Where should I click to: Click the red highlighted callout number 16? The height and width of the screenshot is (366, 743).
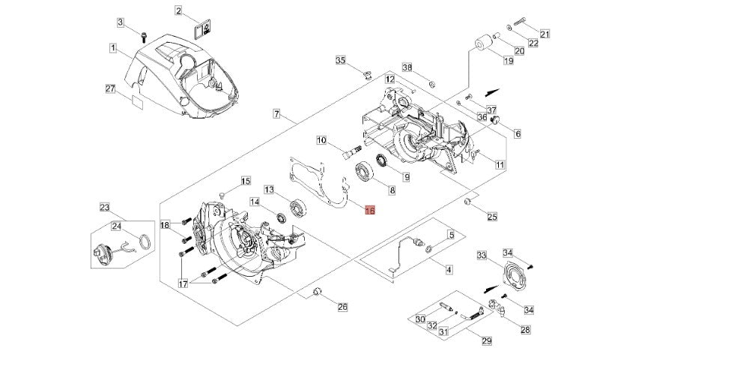[x=369, y=211]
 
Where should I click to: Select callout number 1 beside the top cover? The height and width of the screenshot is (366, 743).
[x=112, y=49]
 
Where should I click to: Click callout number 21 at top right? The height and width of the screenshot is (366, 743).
[x=545, y=34]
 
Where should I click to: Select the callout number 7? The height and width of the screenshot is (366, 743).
[x=276, y=115]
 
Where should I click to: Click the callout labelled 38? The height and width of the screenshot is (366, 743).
[x=407, y=67]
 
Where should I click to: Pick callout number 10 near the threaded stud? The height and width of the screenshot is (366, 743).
[x=321, y=140]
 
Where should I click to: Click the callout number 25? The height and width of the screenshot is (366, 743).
[x=491, y=217]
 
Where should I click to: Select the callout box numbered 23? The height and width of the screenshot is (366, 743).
[x=105, y=207]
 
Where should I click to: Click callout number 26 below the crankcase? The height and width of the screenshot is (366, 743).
[x=342, y=306]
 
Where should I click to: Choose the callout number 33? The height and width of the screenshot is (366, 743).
[x=482, y=256]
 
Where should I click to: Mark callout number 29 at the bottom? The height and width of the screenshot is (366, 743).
[x=486, y=341]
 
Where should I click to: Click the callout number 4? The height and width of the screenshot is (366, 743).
[x=449, y=268]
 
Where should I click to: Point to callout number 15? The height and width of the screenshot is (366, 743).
[x=245, y=181]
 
